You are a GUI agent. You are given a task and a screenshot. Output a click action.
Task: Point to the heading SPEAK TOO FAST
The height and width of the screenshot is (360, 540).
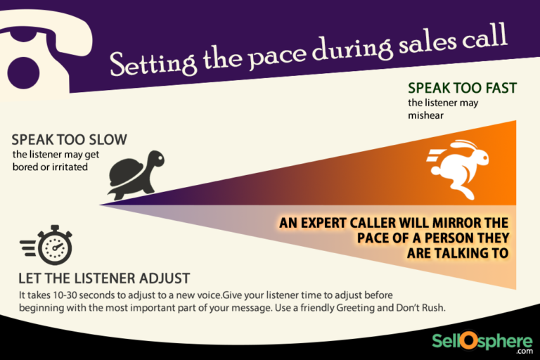(x=462, y=89)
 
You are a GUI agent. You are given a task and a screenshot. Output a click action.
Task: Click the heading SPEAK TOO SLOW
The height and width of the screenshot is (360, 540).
(x=69, y=141)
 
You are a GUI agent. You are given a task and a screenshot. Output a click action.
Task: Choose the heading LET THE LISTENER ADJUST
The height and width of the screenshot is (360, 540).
(x=104, y=278)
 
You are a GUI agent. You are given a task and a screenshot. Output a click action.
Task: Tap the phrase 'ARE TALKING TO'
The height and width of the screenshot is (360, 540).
(x=458, y=253)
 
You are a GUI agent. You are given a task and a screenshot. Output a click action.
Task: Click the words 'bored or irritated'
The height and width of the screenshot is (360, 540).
(x=51, y=167)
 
